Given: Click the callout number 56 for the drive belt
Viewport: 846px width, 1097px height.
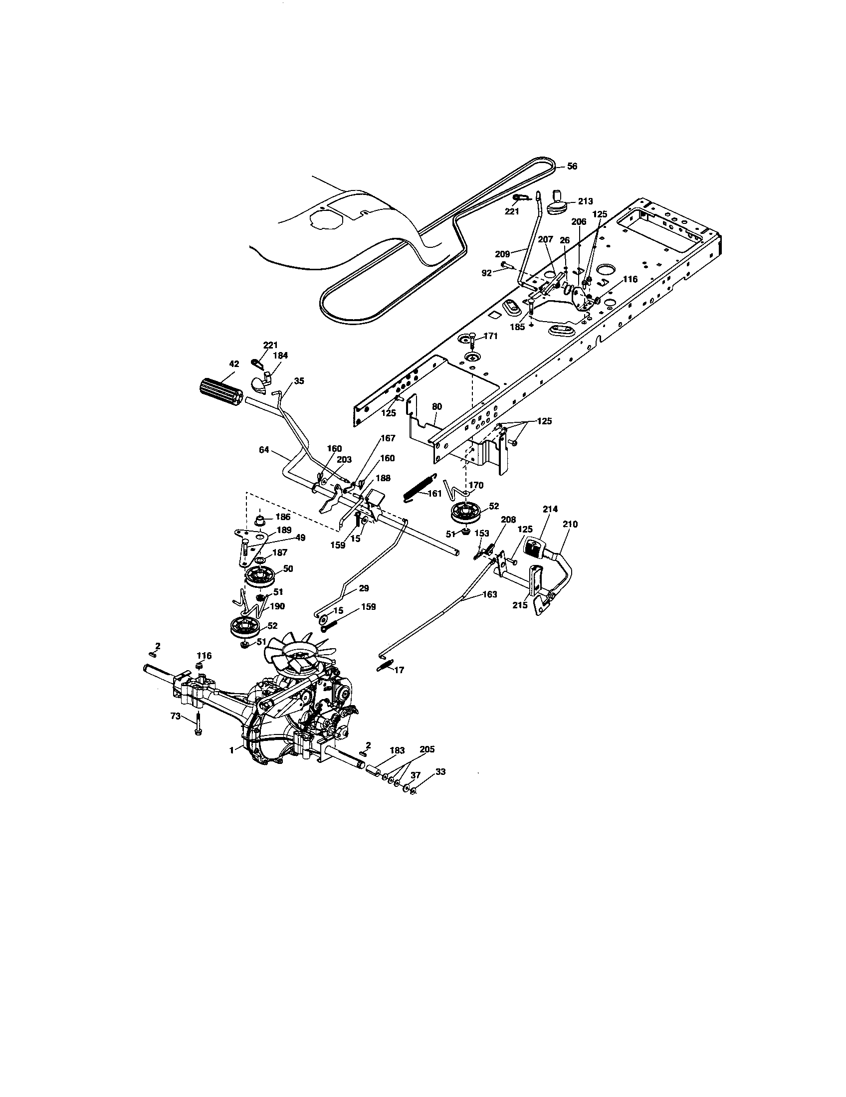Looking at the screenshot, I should (x=572, y=166).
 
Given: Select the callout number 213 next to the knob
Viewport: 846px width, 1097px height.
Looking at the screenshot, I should (x=585, y=201).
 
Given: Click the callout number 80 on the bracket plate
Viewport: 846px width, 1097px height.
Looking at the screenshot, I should (x=437, y=406).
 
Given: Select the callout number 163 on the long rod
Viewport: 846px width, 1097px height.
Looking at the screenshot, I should (x=489, y=594).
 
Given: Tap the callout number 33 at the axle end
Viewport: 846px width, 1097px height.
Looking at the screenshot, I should (x=440, y=771).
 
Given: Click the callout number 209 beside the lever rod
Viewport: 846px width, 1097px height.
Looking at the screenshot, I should (x=502, y=254).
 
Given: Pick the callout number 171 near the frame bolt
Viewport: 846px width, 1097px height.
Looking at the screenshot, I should (x=490, y=336).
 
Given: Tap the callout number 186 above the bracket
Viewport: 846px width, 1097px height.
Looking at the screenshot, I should (x=283, y=517).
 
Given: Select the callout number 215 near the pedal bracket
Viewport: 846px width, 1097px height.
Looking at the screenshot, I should (x=520, y=605).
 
